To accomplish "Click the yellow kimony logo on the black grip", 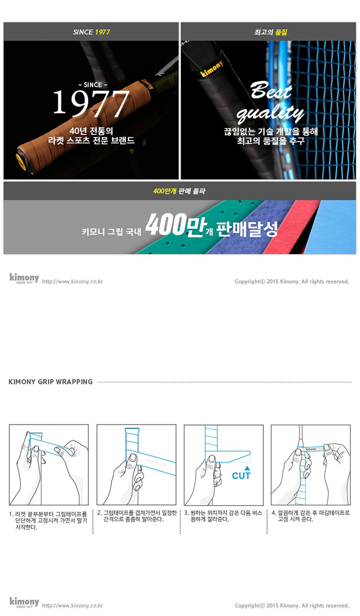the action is pos(212,69).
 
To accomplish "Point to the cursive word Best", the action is pos(271,90).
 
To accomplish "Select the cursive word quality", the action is pos(270,112).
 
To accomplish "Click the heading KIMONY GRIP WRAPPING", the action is pos(50,382).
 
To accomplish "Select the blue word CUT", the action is pos(241,476).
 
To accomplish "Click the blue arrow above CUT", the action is pos(247,468).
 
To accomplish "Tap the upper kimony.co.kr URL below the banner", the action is pos(72,281).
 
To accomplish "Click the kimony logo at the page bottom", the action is pos(24,602).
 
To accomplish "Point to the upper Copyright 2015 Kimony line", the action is pos(292,281).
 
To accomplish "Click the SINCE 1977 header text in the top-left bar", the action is pos(91,32).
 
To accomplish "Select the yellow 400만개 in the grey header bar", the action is pos(165,191).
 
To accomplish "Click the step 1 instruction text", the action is pos(48,520).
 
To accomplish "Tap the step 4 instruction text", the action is pos(311,516).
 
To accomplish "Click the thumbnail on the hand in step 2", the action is pos(133,458).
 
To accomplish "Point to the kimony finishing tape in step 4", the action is pos(311,449).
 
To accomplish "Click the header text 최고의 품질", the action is pos(270,32).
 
